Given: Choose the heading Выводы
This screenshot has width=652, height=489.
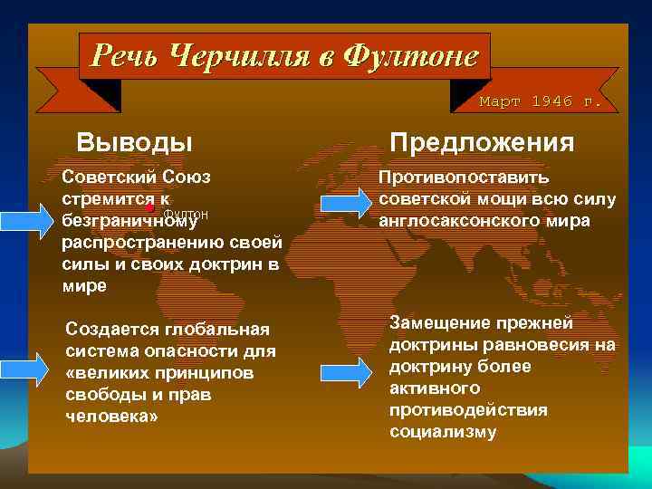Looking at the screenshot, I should pos(134,142).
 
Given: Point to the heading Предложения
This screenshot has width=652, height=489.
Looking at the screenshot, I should pos(482,142).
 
